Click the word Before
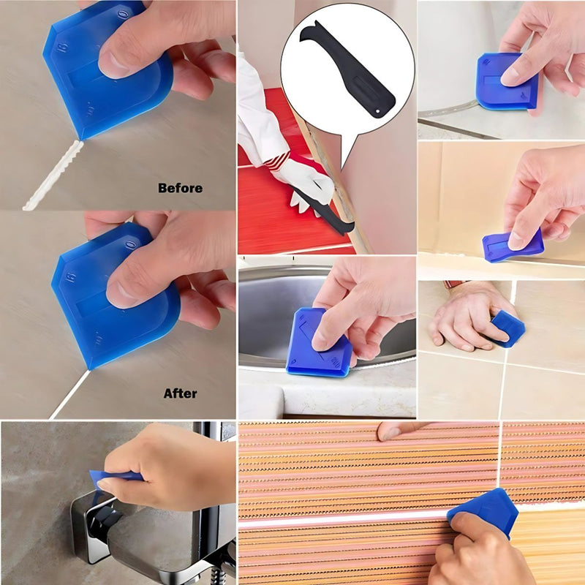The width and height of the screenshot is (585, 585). point(180,188)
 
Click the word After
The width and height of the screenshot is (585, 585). point(180,393)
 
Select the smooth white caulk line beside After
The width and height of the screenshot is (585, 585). point(69,395)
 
